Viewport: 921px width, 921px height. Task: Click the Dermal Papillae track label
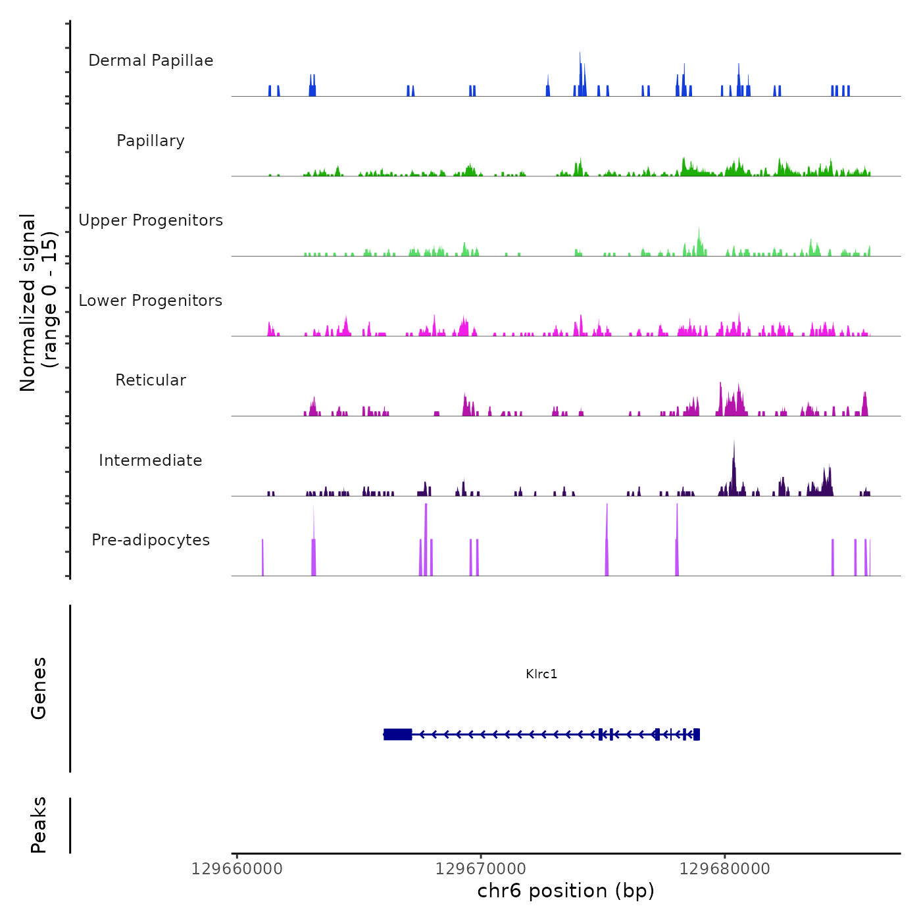(x=151, y=61)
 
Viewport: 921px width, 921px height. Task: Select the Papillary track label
(x=151, y=141)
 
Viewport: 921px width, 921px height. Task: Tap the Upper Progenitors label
(x=151, y=220)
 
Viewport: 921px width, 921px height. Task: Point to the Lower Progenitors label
(x=151, y=301)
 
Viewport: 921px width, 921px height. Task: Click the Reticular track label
(x=151, y=380)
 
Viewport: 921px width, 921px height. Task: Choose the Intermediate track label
(x=151, y=460)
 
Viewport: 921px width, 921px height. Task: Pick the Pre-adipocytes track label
(x=151, y=540)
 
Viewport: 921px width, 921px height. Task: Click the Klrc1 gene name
(x=541, y=674)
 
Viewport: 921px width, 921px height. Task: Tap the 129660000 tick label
(x=237, y=869)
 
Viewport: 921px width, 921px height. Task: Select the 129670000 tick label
(x=481, y=869)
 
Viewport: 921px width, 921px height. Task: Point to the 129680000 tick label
(x=725, y=869)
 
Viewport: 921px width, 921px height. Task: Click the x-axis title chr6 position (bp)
(x=566, y=891)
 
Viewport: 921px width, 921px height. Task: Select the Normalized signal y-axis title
(x=38, y=303)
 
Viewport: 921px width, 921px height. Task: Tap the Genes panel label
(x=39, y=688)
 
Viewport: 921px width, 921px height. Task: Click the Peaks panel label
(x=39, y=825)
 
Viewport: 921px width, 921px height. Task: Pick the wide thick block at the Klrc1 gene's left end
(x=398, y=734)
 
